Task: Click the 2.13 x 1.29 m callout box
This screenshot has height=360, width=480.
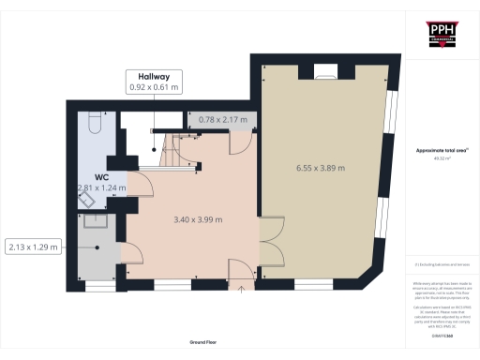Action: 33,247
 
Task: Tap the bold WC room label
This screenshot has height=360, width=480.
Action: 100,175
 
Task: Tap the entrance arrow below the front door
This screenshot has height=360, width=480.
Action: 243,289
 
